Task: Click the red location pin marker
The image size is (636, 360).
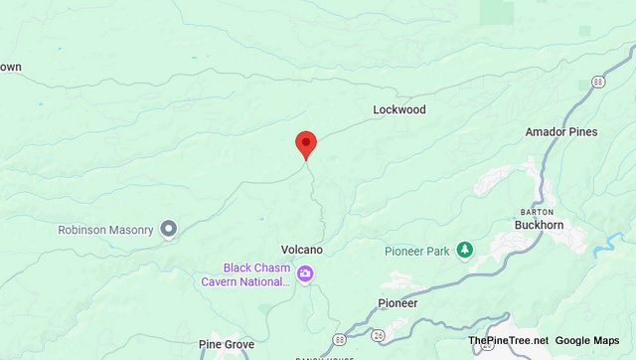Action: pyautogui.click(x=306, y=145)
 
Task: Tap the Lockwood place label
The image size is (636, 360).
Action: pyautogui.click(x=399, y=109)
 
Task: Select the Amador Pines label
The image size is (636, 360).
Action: pyautogui.click(x=561, y=131)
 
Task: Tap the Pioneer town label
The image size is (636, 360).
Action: pyautogui.click(x=397, y=302)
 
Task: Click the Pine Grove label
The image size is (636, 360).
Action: pyautogui.click(x=227, y=344)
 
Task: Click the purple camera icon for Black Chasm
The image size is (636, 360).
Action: pyautogui.click(x=305, y=274)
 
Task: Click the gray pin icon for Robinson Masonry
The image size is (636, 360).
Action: pyautogui.click(x=169, y=230)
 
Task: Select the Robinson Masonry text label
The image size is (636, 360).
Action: pyautogui.click(x=106, y=230)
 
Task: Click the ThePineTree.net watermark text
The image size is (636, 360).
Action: pyautogui.click(x=507, y=340)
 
